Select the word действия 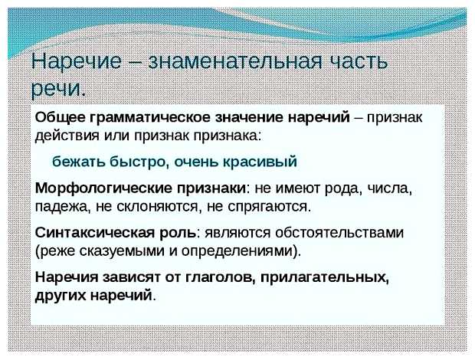65,136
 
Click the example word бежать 77,162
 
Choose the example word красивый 260,162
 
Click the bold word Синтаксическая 92,232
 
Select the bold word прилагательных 326,277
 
